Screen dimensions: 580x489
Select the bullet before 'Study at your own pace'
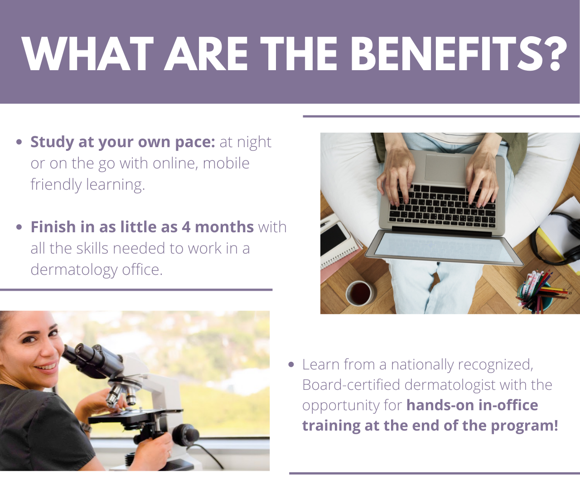coord(19,142)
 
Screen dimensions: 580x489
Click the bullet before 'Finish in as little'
coord(19,227)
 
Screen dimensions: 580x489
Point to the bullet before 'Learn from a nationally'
coord(291,364)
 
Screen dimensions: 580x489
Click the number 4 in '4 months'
coord(186,227)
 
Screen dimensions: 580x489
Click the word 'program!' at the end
coord(524,426)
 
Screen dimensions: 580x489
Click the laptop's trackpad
coord(445,168)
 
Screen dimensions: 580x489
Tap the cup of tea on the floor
coord(361,293)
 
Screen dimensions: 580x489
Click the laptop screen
coord(444,248)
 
